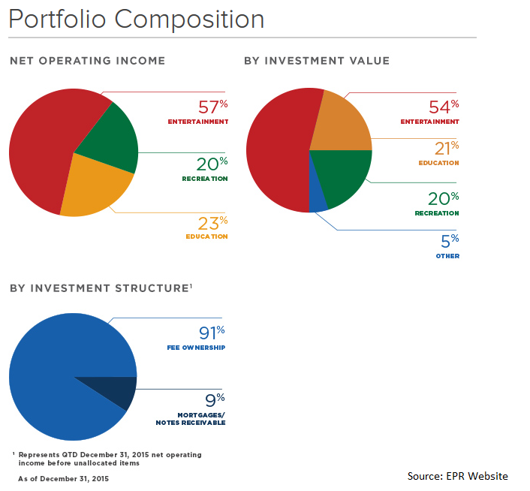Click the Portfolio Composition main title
(136, 19)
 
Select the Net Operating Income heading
(87, 60)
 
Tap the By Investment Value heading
(316, 60)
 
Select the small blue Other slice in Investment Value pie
(318, 197)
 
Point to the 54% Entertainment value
(443, 107)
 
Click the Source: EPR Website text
(457, 476)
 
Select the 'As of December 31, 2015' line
(64, 478)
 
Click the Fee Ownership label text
(196, 348)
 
